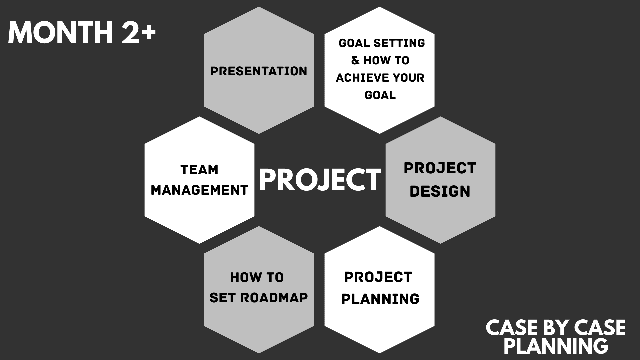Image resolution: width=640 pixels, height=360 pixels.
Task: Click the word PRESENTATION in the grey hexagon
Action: click(259, 71)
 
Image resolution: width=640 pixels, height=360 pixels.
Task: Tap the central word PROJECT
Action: click(320, 180)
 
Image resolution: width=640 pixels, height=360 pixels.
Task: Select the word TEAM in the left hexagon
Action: click(199, 170)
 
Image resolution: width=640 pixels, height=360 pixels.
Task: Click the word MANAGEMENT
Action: click(199, 190)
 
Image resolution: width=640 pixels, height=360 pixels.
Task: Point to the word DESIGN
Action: click(440, 191)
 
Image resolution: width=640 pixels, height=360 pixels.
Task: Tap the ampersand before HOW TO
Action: click(356, 60)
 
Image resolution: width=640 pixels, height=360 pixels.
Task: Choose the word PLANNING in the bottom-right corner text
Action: click(556, 346)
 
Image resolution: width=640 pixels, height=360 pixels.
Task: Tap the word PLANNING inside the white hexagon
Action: click(380, 299)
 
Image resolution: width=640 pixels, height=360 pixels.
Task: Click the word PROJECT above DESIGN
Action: click(440, 168)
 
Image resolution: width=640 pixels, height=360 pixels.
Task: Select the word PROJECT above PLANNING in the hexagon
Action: click(378, 277)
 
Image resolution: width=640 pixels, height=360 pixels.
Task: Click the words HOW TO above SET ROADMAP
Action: click(257, 277)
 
